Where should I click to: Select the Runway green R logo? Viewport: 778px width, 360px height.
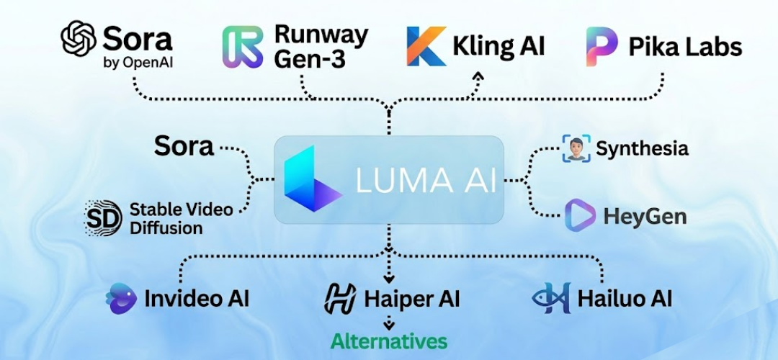[242, 47]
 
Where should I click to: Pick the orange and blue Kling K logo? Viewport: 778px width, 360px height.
[426, 47]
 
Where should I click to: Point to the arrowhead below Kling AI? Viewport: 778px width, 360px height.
[477, 75]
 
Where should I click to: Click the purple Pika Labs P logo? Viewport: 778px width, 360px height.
[602, 47]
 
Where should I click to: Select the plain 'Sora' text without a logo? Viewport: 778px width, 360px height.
[184, 146]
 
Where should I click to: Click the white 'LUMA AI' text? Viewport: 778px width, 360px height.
[426, 181]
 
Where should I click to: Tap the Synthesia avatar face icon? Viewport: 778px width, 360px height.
[575, 148]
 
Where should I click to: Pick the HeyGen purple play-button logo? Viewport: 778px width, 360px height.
[579, 215]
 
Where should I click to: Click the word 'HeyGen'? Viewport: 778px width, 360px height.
[645, 216]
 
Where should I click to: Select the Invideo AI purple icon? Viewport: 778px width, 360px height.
[120, 297]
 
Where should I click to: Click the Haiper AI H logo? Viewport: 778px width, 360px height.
[340, 298]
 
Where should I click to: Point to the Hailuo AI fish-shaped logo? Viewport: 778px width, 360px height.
[552, 298]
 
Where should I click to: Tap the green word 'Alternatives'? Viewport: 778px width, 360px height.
[389, 340]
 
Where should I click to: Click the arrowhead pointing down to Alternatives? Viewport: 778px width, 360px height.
[389, 325]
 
